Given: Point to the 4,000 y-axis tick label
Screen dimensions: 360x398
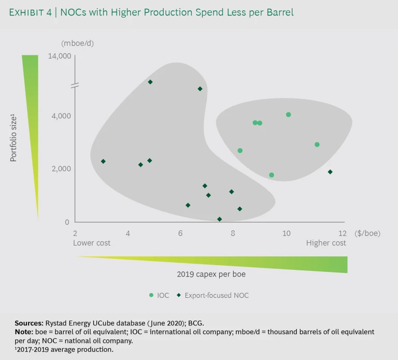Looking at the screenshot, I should [x=61, y=116].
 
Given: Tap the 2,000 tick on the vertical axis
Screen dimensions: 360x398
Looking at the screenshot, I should [x=61, y=169].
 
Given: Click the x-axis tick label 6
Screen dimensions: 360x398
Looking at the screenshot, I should [x=180, y=233].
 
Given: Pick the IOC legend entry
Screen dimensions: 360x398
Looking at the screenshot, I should [x=159, y=295].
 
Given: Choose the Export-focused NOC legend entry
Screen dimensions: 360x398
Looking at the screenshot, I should [x=212, y=295].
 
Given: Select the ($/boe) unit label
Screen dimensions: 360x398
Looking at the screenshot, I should [x=367, y=233].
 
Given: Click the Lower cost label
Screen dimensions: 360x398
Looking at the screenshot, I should [x=91, y=243].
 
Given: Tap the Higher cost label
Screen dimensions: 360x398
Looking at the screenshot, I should [x=326, y=243].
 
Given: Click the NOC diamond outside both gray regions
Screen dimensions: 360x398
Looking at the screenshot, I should [x=330, y=172].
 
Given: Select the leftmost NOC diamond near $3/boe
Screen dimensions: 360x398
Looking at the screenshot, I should [x=103, y=162].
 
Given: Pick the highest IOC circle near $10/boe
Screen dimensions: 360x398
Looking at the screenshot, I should [x=288, y=114].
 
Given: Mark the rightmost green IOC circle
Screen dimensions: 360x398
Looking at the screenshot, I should [x=317, y=145].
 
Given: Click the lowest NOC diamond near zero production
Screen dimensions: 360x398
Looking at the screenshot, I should [x=220, y=219].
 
